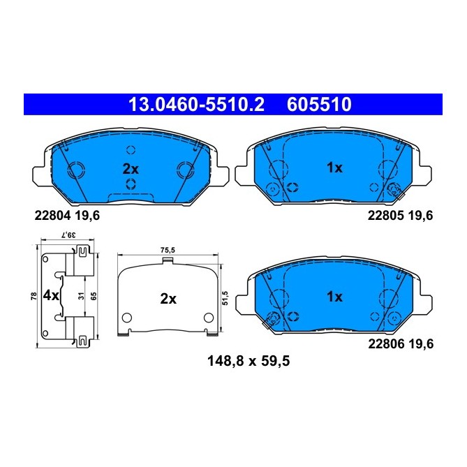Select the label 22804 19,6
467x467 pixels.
67,216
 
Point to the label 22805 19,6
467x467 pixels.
400,216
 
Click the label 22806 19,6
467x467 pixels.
400,343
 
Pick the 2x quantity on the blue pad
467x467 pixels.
132,168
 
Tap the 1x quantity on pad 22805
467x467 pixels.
334,168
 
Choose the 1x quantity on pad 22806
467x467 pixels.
334,297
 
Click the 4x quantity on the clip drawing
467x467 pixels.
51,295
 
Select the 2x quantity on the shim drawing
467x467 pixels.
168,299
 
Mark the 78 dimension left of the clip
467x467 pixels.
33,296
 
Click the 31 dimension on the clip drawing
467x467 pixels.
81,296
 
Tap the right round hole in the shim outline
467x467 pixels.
207,318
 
